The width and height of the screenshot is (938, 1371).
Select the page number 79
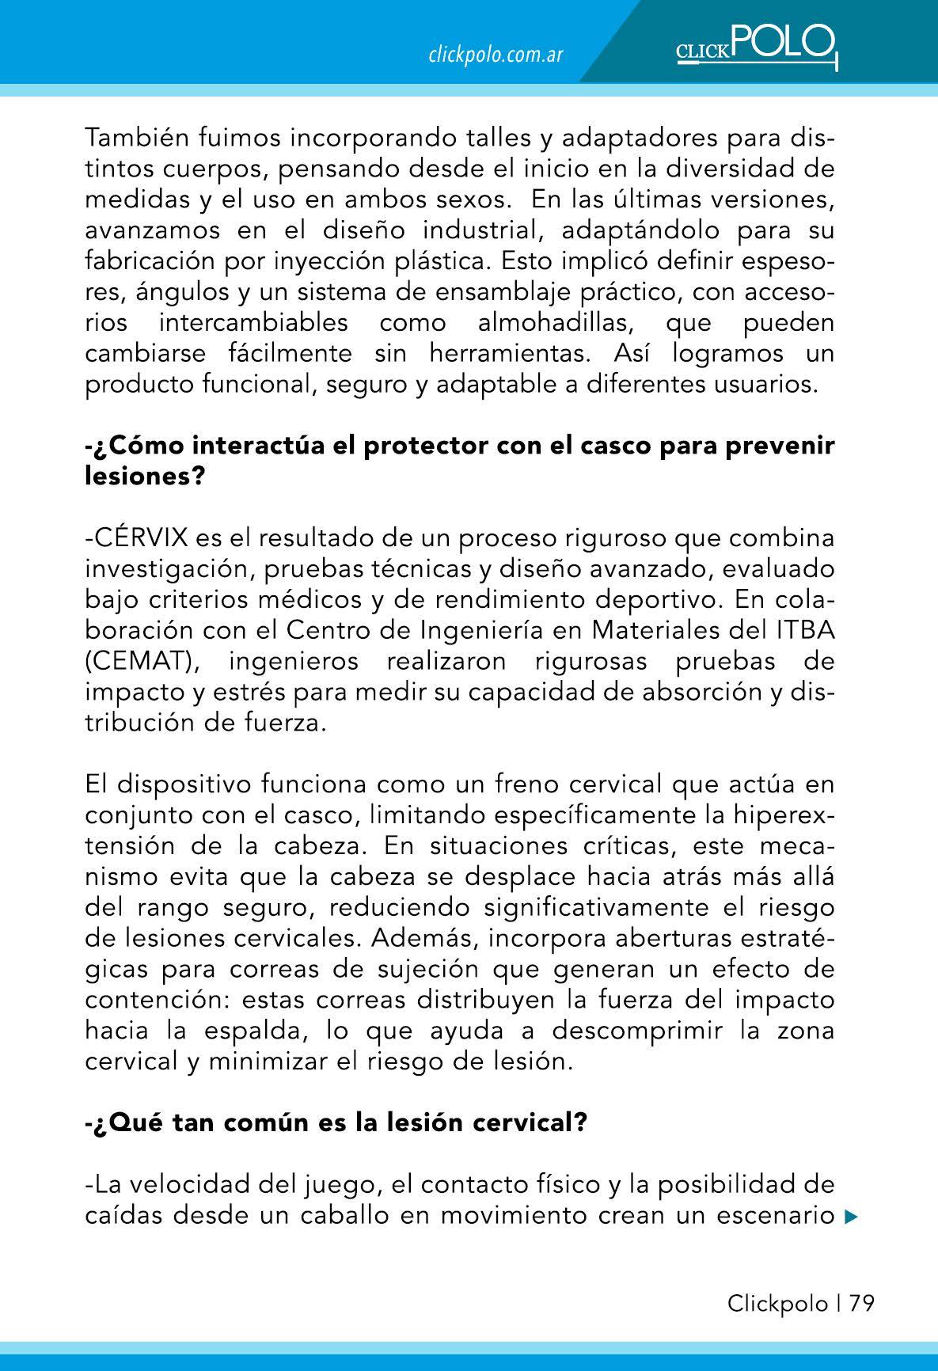coord(862,1304)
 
